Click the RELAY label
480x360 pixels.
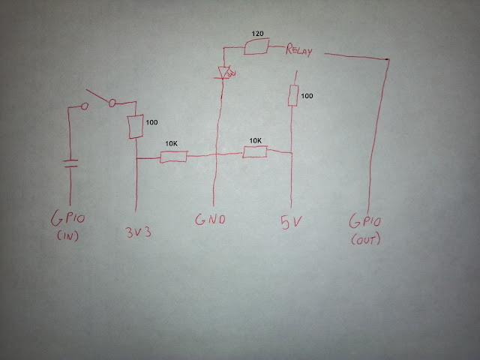click(299, 50)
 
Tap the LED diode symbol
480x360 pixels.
click(225, 73)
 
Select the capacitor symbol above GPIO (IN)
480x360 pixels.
click(70, 163)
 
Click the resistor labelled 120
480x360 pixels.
click(256, 46)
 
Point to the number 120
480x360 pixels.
click(257, 33)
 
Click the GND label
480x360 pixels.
click(210, 219)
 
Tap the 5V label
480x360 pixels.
click(291, 222)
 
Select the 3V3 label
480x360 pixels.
click(138, 232)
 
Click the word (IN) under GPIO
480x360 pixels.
click(67, 235)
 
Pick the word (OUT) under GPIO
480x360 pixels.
click(366, 239)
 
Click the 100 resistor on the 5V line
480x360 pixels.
click(293, 96)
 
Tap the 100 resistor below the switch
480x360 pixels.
click(135, 127)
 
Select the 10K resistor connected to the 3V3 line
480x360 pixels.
click(173, 157)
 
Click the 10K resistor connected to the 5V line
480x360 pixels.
click(255, 151)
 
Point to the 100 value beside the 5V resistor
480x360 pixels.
click(307, 96)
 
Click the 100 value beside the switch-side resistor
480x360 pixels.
click(151, 122)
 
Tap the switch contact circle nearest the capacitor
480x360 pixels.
click(85, 106)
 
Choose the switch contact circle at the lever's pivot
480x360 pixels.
click(112, 103)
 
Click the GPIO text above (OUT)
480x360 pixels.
click(365, 221)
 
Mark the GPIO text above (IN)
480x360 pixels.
click(68, 218)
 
